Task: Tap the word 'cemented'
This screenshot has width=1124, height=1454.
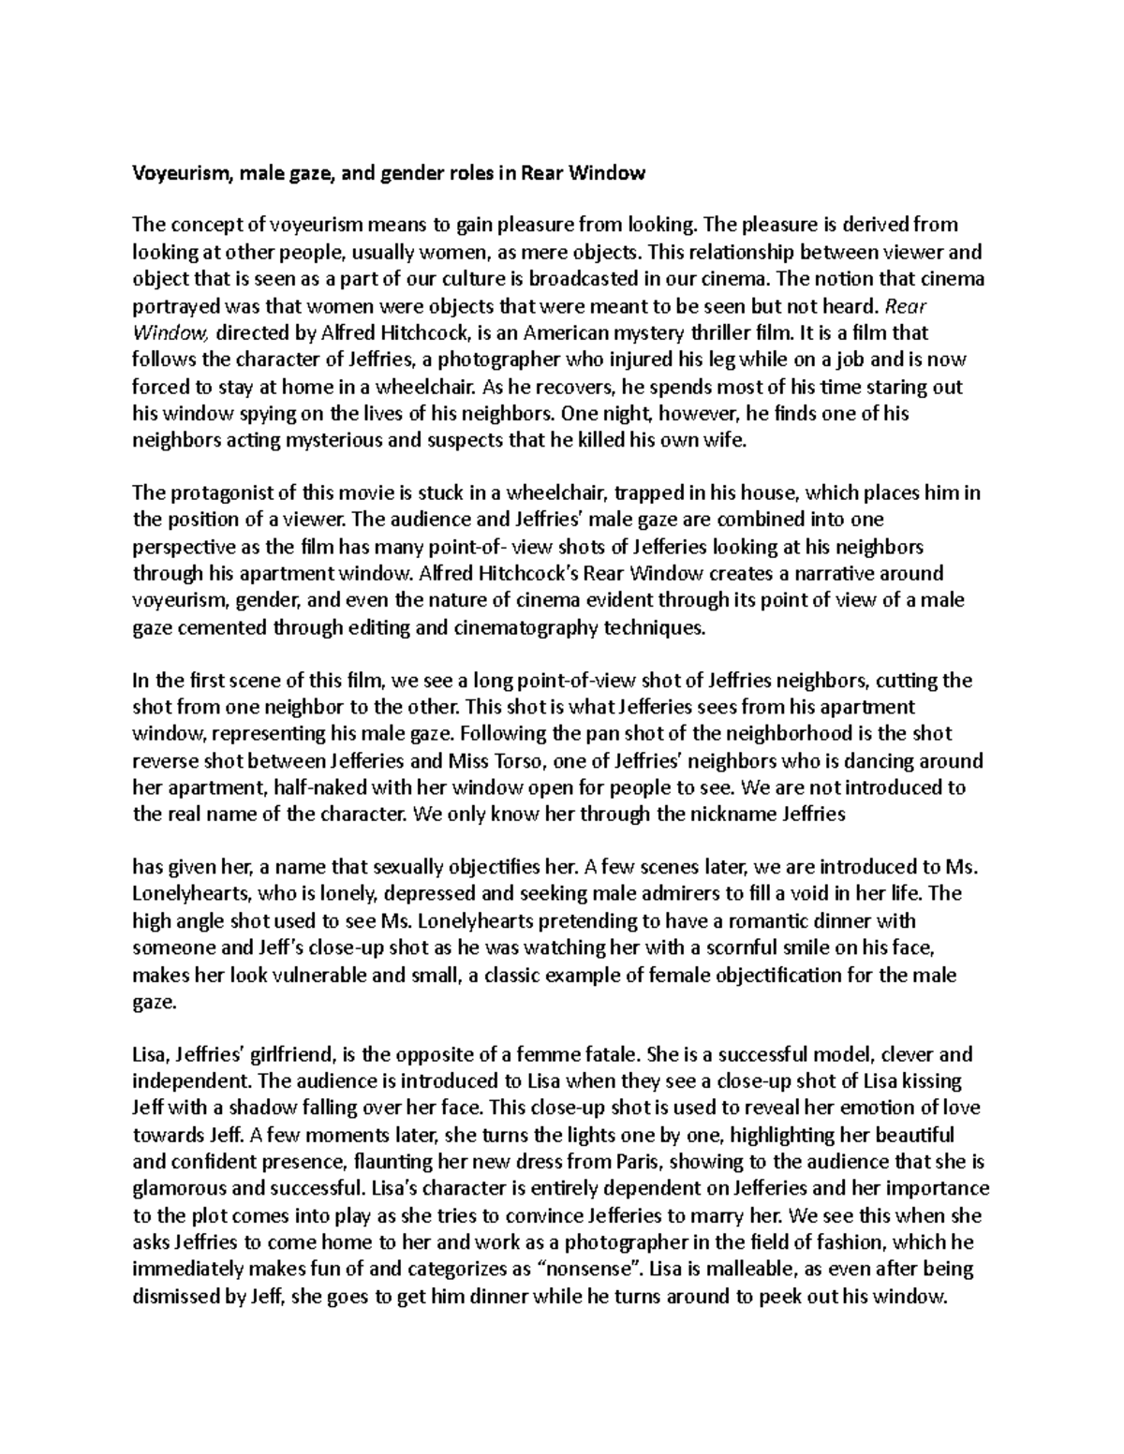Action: pos(221,627)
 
